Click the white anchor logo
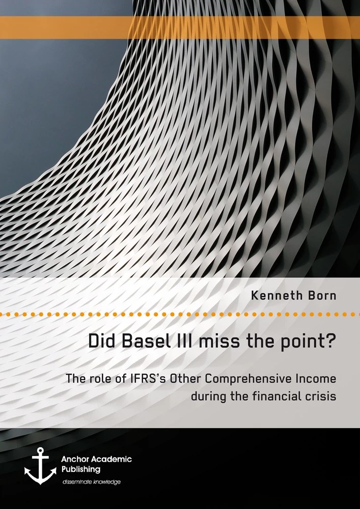pos(40,466)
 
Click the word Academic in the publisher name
pos(113,459)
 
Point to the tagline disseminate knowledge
pos(92,482)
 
